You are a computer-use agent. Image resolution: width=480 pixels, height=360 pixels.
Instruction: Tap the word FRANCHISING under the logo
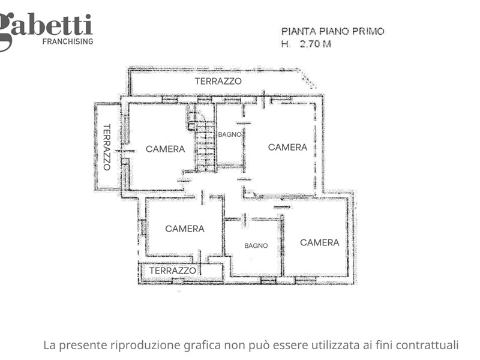pos(68,41)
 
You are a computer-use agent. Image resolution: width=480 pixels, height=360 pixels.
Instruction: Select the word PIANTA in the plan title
pos(299,31)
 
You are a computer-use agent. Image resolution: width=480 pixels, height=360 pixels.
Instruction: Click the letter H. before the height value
pos(286,44)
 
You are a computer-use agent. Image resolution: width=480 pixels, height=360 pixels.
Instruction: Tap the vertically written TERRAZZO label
pos(107,147)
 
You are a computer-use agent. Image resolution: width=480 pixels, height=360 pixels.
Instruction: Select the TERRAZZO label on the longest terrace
pos(218,81)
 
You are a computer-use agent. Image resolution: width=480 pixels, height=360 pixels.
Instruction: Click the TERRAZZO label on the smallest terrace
pos(173,271)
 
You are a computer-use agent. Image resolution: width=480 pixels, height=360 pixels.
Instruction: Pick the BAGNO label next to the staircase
pos(230,134)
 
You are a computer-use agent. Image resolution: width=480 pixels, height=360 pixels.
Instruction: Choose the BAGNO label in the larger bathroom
pos(256,245)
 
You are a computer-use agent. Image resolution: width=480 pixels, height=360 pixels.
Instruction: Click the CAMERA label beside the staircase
pos(166,149)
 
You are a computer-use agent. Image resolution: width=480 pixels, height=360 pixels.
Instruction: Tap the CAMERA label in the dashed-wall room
pos(288,147)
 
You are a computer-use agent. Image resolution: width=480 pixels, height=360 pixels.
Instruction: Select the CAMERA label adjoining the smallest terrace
pos(185,229)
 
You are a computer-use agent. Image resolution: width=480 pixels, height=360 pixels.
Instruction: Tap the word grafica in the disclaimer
pos(202,346)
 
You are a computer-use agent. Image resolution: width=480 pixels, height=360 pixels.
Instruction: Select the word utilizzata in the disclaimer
pos(336,345)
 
